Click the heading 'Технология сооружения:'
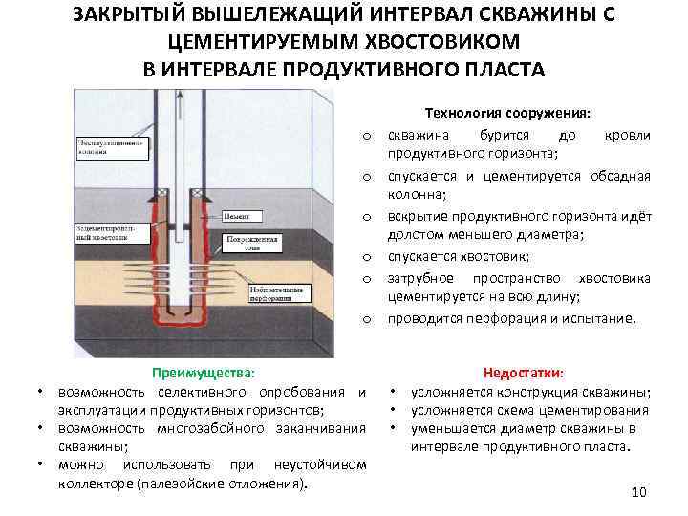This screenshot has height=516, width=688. (520, 113)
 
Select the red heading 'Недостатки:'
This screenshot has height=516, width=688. (524, 374)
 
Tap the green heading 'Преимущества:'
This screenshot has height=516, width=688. (204, 374)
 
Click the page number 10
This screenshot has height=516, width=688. (640, 491)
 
